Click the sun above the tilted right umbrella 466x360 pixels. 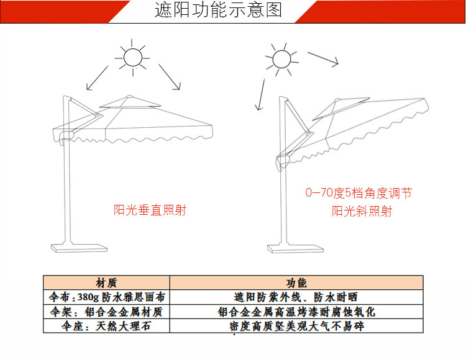pyautogui.click(x=282, y=60)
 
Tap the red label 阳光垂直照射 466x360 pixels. pyautogui.click(x=150, y=210)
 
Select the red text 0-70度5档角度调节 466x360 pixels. pyautogui.click(x=359, y=193)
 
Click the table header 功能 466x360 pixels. pyautogui.click(x=296, y=282)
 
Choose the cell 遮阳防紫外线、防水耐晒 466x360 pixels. pyautogui.click(x=296, y=297)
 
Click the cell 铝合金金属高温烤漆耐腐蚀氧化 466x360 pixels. pyautogui.click(x=296, y=312)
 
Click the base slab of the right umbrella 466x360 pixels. pyautogui.click(x=295, y=248)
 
